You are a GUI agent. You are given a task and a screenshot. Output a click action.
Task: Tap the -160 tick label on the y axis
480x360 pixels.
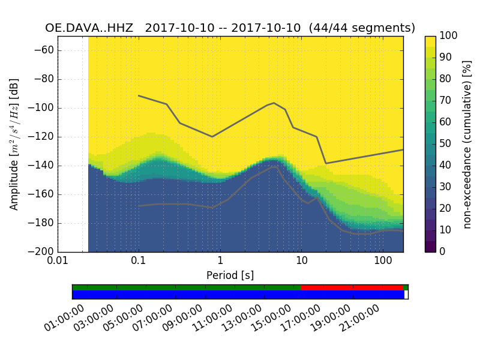(x=41, y=194)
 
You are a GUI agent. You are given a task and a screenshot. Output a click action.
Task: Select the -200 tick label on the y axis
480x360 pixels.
(x=41, y=252)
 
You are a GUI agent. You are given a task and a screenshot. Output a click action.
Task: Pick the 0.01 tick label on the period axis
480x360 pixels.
(x=58, y=262)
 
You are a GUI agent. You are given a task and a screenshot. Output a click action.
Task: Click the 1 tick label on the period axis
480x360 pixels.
(x=220, y=262)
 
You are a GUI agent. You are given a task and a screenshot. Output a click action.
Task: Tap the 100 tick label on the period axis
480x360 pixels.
(x=383, y=262)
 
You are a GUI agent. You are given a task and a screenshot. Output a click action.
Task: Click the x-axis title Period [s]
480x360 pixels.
(x=230, y=275)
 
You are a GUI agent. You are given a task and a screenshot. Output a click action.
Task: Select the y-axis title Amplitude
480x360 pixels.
(x=14, y=144)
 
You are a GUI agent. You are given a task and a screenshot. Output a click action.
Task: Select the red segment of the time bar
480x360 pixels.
(x=352, y=287)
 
